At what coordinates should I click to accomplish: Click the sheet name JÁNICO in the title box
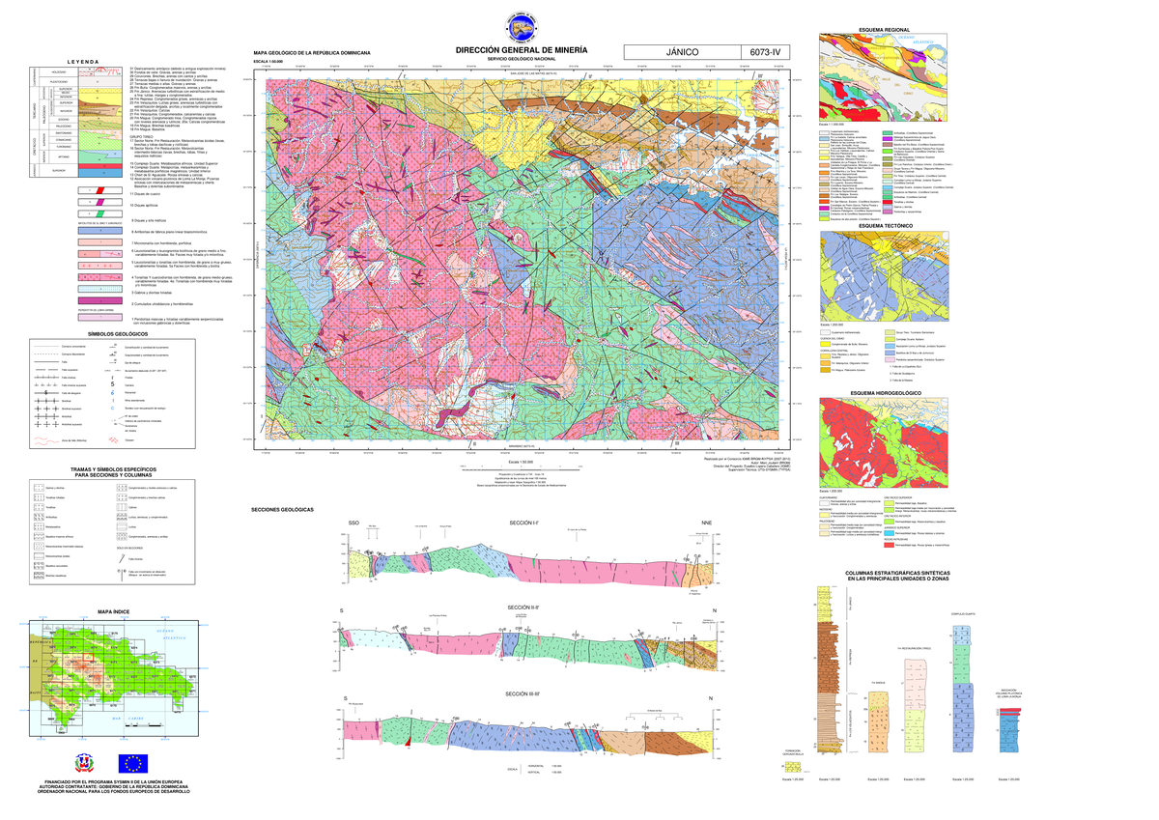[680, 52]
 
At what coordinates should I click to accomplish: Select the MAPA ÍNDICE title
[113, 611]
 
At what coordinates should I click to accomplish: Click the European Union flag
[133, 763]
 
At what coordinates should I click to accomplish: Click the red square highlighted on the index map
[86, 660]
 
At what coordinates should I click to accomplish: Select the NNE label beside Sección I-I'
[706, 523]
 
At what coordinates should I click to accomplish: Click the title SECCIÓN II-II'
[522, 607]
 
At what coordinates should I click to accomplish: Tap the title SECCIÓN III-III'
[522, 694]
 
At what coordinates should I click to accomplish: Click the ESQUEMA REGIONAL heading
[890, 31]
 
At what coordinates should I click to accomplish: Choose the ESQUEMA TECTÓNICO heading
[890, 225]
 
